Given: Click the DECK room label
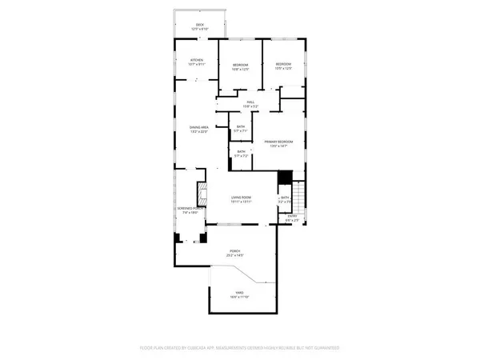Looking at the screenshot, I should click(x=200, y=25).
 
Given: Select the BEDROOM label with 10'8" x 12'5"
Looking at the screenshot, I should click(x=241, y=65).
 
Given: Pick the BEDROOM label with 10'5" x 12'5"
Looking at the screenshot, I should click(x=284, y=64).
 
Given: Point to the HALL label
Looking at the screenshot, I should click(x=250, y=102).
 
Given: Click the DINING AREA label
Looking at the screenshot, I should click(x=199, y=127).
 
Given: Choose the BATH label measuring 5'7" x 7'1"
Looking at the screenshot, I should click(x=240, y=126).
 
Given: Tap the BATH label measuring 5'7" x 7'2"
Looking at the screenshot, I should click(x=240, y=150).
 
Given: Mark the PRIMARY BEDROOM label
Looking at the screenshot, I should click(x=279, y=142).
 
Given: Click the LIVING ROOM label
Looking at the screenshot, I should click(x=242, y=198).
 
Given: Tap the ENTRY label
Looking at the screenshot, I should click(x=292, y=216).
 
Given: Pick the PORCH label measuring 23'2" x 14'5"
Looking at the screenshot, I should click(x=235, y=252).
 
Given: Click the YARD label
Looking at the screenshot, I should click(x=238, y=294).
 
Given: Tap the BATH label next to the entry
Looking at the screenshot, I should click(x=284, y=198).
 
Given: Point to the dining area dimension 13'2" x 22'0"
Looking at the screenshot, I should click(x=199, y=131).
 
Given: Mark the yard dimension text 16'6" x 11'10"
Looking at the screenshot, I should click(x=238, y=298).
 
